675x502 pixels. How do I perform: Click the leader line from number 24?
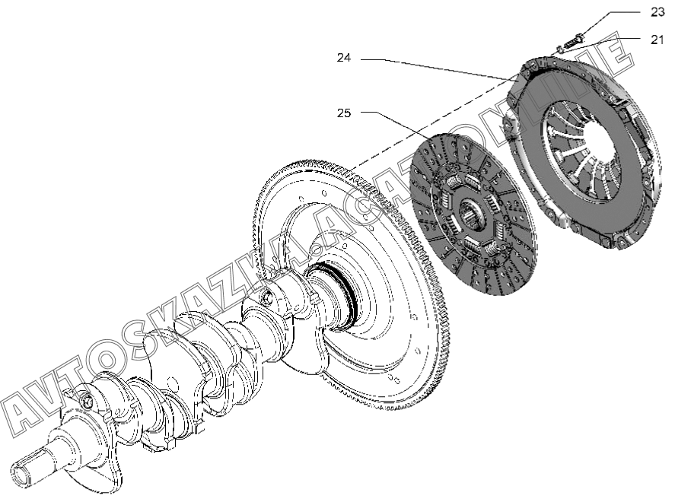[x=441, y=67]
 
